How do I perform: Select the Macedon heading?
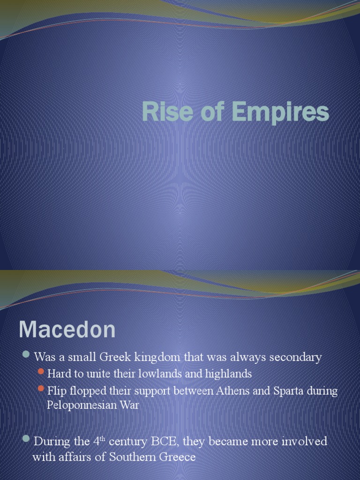tap(67, 330)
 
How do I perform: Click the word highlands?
tap(228, 374)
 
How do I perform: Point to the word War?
tap(130, 405)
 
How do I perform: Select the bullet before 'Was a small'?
tap(27, 354)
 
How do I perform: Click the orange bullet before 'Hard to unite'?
tap(41, 372)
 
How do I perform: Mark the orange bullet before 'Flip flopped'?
tap(41, 389)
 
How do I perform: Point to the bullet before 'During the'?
tap(27, 439)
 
